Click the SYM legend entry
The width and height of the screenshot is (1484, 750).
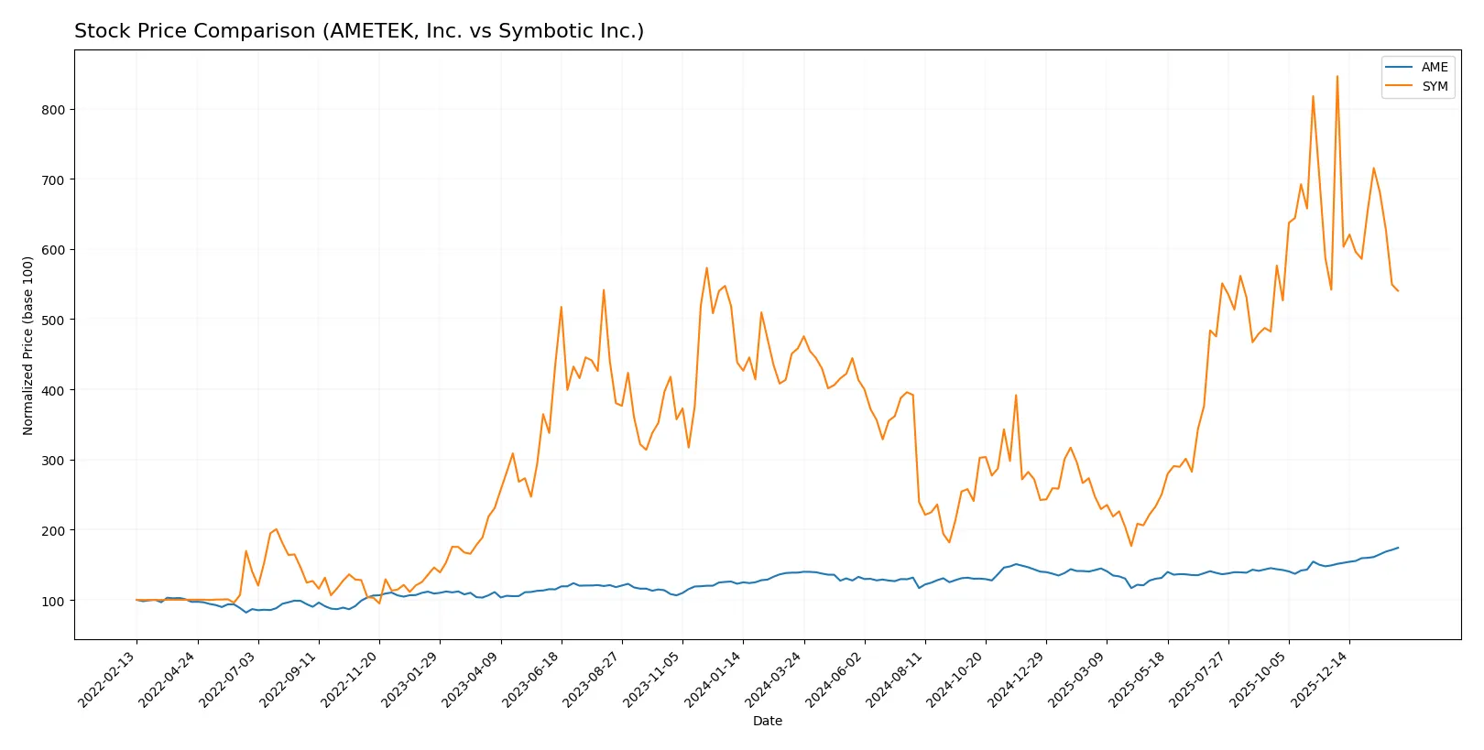point(1434,86)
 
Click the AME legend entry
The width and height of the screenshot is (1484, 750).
point(1434,67)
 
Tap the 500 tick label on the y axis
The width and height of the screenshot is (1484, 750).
point(53,321)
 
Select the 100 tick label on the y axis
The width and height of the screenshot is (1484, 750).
point(53,601)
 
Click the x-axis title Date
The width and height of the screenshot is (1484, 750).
point(767,721)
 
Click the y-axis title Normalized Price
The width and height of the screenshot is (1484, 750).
point(28,345)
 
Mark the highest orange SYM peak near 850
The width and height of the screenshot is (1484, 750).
point(1337,77)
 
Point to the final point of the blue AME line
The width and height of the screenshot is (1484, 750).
point(1398,548)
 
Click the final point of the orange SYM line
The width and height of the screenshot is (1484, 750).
point(1398,291)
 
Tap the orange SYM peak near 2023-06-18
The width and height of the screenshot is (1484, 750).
point(562,307)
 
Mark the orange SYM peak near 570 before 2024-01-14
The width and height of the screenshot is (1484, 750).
point(707,268)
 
